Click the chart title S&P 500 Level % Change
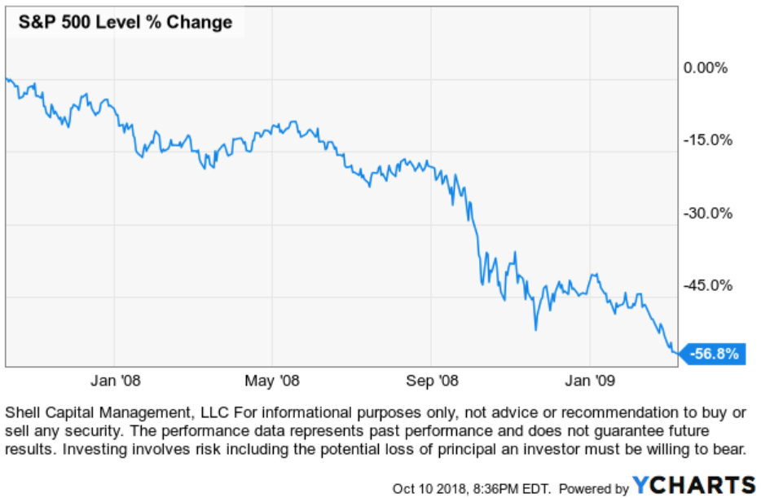[122, 22]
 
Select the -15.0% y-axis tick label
[706, 140]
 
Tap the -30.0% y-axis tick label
[706, 214]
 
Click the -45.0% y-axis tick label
[706, 286]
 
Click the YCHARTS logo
[693, 484]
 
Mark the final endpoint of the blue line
[677, 353]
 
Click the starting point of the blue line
[6, 79]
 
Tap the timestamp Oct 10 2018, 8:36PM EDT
[472, 488]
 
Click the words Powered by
[593, 488]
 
